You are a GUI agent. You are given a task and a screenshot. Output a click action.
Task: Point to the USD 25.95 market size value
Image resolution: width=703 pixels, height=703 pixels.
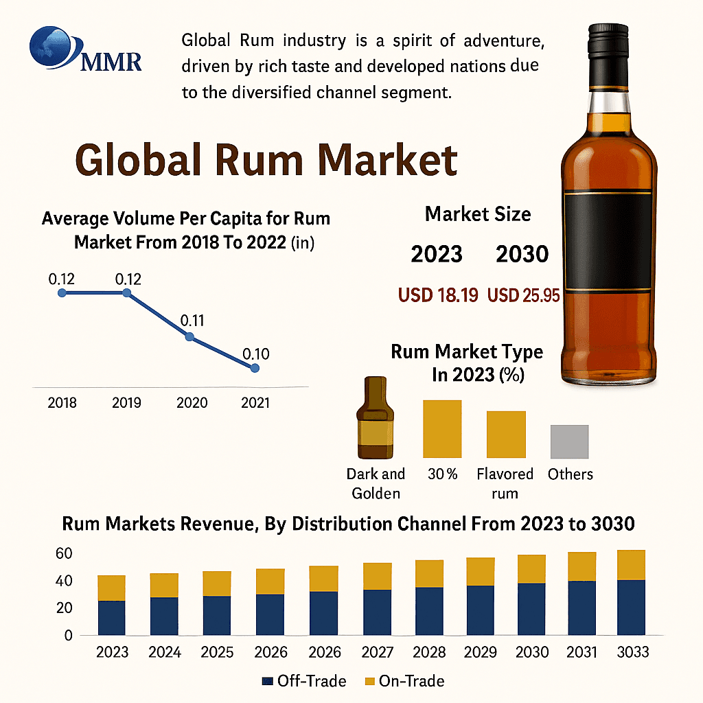(523, 295)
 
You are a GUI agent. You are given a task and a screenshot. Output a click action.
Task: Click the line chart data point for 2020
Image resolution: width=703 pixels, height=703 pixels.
(190, 337)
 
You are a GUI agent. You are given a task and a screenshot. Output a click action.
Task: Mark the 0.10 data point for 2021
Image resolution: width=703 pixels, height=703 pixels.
(255, 369)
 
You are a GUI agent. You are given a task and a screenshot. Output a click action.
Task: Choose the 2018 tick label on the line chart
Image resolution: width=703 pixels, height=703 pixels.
(62, 402)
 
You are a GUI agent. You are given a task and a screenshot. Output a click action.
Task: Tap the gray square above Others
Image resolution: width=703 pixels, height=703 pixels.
(569, 441)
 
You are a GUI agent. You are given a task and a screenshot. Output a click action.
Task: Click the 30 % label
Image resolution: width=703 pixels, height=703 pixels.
(442, 474)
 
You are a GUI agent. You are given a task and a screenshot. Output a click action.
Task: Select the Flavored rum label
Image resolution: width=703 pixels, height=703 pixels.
(505, 483)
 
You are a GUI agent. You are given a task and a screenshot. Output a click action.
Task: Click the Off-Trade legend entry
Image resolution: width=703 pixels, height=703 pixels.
(304, 681)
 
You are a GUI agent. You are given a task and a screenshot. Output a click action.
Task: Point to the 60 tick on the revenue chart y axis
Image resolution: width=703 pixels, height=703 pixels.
(63, 553)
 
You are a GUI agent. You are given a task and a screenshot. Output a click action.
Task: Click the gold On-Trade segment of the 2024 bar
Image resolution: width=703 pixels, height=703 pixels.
(164, 585)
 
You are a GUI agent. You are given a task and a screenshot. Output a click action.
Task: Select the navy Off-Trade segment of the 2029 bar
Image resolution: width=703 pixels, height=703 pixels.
(481, 610)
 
